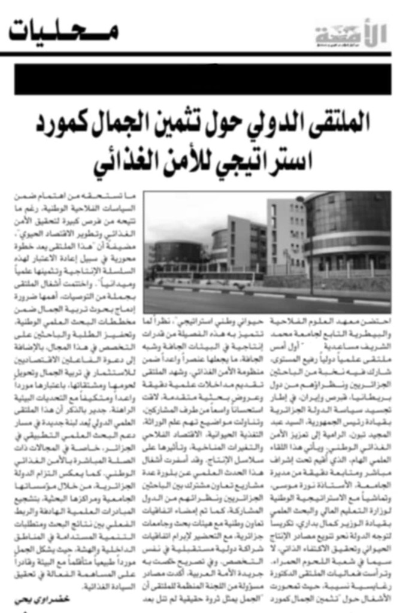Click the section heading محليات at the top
coord(63,31)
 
